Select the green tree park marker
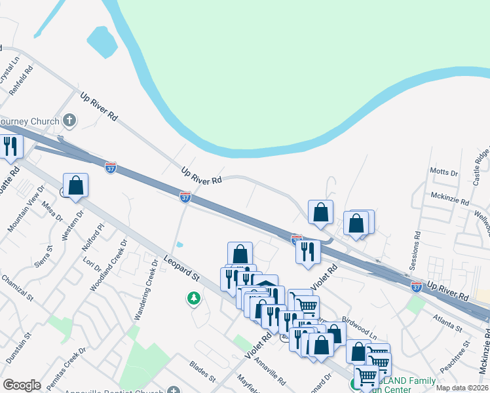tap(193, 299)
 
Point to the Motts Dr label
tap(443, 172)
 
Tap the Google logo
tap(22, 385)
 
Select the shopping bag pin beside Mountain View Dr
tap(76, 185)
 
